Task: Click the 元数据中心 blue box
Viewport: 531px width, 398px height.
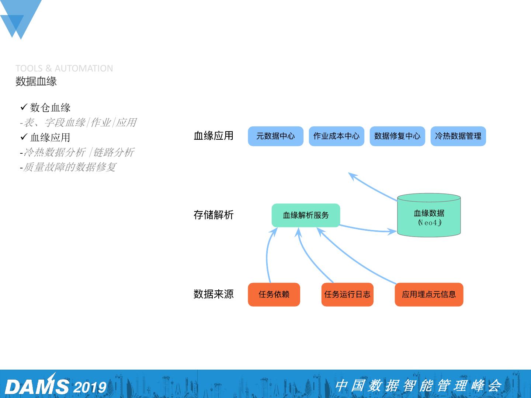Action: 275,136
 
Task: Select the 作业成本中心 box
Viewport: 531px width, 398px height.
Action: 336,136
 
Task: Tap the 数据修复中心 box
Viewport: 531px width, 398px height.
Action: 397,136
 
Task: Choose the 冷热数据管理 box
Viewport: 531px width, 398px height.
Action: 458,136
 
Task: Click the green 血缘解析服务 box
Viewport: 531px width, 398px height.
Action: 306,215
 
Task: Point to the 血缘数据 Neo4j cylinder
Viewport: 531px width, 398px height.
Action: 429,216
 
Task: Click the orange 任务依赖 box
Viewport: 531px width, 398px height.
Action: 274,294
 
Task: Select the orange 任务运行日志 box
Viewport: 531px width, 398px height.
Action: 347,294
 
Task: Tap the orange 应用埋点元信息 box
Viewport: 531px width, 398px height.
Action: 429,294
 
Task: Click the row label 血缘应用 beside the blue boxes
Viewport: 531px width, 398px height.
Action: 214,136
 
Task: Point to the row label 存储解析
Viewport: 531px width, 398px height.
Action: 214,215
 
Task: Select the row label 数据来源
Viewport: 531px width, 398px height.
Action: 214,294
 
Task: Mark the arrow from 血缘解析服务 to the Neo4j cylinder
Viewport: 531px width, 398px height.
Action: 369,230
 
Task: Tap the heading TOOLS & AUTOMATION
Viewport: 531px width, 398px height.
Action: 64,68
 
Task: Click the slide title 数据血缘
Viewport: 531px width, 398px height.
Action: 36,81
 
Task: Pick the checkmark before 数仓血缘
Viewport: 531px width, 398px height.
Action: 24,107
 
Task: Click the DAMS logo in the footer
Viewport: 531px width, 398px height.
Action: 37,386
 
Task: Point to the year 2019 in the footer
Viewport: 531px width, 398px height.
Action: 90,387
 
